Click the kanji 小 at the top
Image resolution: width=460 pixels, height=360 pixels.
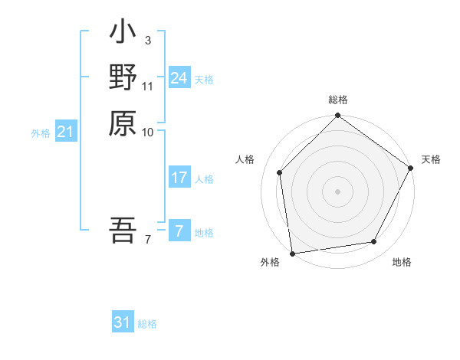(123, 34)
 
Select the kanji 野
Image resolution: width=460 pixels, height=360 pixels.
(123, 78)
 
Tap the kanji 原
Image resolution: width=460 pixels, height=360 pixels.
(123, 123)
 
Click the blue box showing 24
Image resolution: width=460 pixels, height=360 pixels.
(179, 78)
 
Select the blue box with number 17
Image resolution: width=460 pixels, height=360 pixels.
(179, 178)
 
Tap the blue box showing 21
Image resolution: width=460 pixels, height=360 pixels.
(66, 133)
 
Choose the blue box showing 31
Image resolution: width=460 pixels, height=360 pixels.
(123, 322)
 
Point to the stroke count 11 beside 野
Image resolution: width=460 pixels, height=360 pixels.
(148, 85)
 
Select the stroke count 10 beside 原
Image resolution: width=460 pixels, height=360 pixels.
(148, 132)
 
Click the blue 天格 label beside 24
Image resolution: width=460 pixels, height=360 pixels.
(204, 79)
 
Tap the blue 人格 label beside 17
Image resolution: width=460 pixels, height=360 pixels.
(204, 179)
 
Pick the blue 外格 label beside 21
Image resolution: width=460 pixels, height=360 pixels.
(41, 133)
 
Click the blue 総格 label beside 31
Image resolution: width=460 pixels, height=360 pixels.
(147, 324)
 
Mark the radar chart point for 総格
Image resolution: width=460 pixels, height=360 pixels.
(337, 116)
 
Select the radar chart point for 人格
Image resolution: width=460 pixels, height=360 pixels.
(280, 172)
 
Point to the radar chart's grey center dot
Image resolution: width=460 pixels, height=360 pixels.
(337, 191)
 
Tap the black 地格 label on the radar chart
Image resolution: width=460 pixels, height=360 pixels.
(402, 263)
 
